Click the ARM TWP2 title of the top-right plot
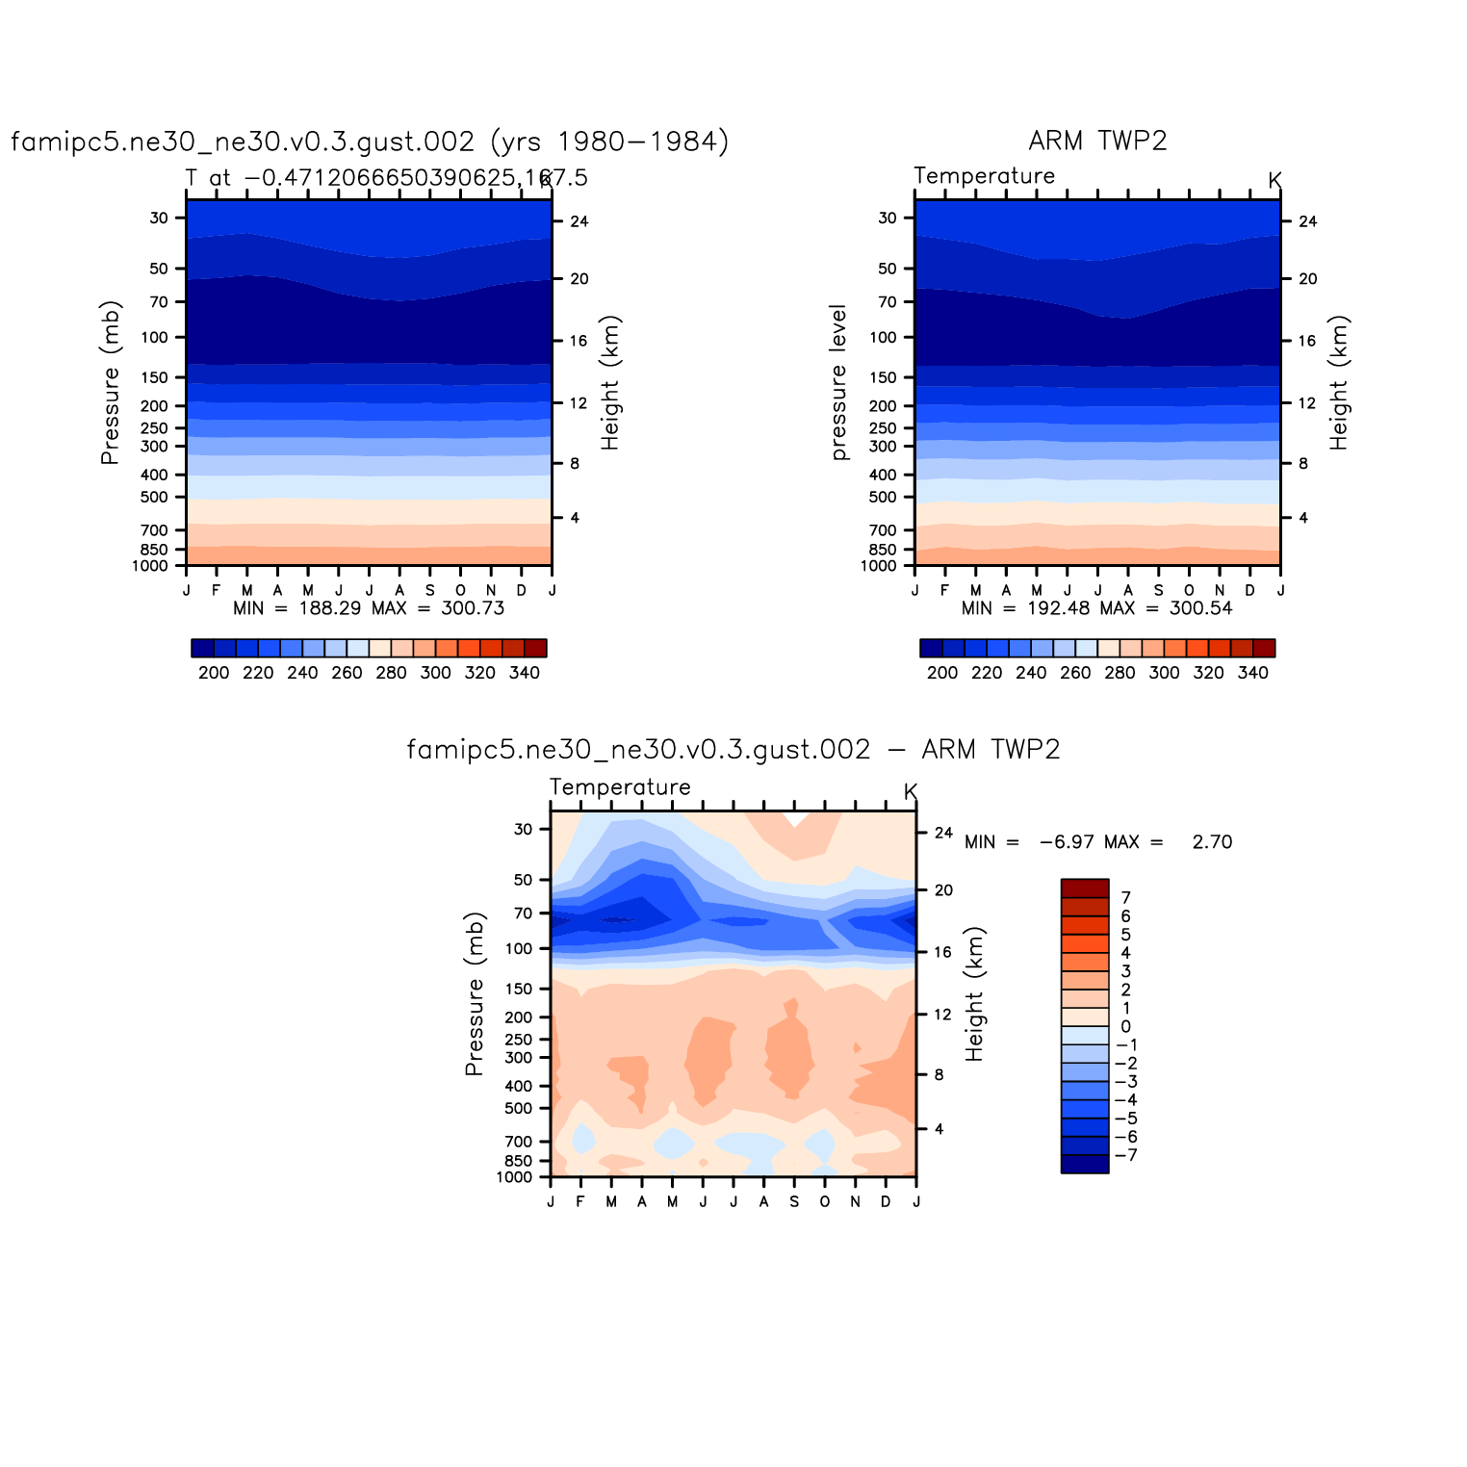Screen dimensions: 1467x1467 [x=1097, y=141]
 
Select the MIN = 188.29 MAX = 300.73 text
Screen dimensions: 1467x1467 [x=369, y=608]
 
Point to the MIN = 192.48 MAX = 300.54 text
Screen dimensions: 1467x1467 [x=1096, y=608]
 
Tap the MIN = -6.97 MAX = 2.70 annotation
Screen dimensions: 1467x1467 [x=1097, y=842]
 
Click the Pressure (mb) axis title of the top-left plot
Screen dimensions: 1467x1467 [x=111, y=383]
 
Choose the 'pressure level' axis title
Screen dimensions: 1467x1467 [x=838, y=383]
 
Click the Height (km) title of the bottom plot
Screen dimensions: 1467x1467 [x=975, y=994]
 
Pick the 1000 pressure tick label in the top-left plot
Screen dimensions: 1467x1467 [x=150, y=566]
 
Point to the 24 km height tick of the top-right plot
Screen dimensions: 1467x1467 [x=1307, y=221]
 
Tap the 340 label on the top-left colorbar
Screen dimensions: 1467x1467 [x=524, y=673]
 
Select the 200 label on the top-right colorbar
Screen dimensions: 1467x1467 [x=942, y=673]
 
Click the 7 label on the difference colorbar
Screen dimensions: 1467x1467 [x=1126, y=898]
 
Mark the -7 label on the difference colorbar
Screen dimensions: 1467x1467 [x=1124, y=1155]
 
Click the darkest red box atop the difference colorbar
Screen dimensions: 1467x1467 [x=1085, y=888]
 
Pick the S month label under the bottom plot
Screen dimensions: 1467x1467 [x=794, y=1201]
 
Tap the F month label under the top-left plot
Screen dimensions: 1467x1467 [x=217, y=590]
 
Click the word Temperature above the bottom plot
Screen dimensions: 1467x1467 [x=620, y=787]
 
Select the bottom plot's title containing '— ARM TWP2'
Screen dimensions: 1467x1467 [x=733, y=750]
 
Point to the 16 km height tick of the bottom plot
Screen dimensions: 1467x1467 [x=943, y=952]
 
